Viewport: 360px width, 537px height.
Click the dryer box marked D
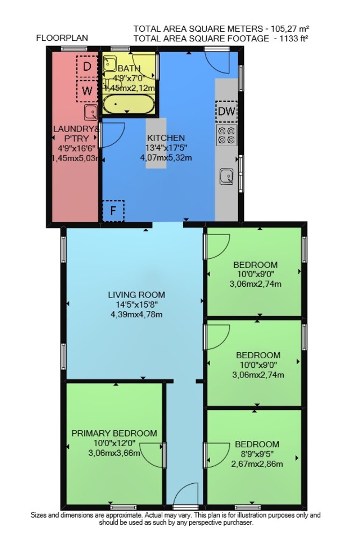[87, 67]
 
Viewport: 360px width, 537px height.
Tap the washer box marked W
[87, 91]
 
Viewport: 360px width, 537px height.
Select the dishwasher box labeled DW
[226, 111]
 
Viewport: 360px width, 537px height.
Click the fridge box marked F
[113, 211]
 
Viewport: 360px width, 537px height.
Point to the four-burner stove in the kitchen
[227, 135]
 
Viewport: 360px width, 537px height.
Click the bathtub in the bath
[128, 105]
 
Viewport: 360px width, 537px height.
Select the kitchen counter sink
[227, 177]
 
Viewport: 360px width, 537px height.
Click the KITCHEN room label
[166, 138]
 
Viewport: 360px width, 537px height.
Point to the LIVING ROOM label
[136, 294]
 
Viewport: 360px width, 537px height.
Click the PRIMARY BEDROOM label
[114, 433]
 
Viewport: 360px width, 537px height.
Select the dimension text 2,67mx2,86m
[256, 464]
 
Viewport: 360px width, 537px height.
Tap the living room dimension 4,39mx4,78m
[136, 314]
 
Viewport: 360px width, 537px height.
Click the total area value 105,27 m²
[291, 28]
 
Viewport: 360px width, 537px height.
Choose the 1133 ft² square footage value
[294, 38]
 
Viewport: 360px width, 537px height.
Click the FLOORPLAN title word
[62, 38]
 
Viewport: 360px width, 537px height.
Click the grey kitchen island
[156, 143]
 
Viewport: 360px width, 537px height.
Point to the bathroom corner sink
[110, 63]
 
